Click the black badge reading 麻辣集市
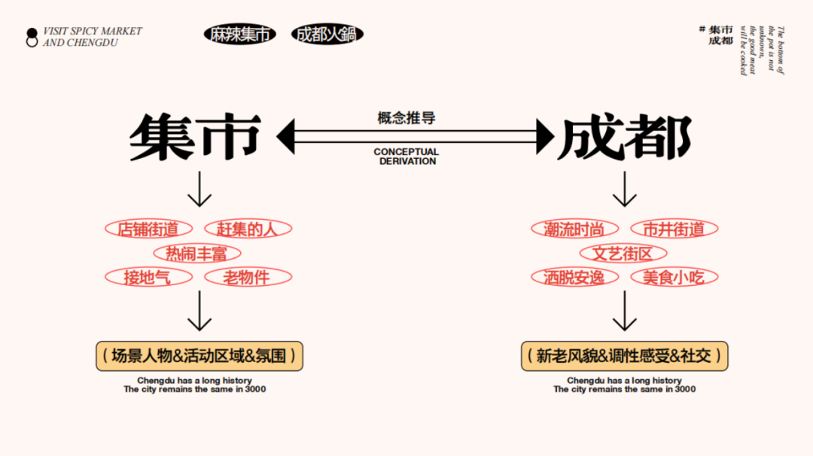pos(239,34)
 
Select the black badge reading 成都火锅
pos(327,34)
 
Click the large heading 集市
pos(196,137)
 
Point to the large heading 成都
pos(625,137)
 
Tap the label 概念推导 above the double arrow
pos(406,118)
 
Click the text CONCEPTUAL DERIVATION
pos(406,157)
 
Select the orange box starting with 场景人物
pos(199,356)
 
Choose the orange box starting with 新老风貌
pos(625,356)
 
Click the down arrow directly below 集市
pos(199,190)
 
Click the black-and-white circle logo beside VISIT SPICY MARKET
pos(32,38)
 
